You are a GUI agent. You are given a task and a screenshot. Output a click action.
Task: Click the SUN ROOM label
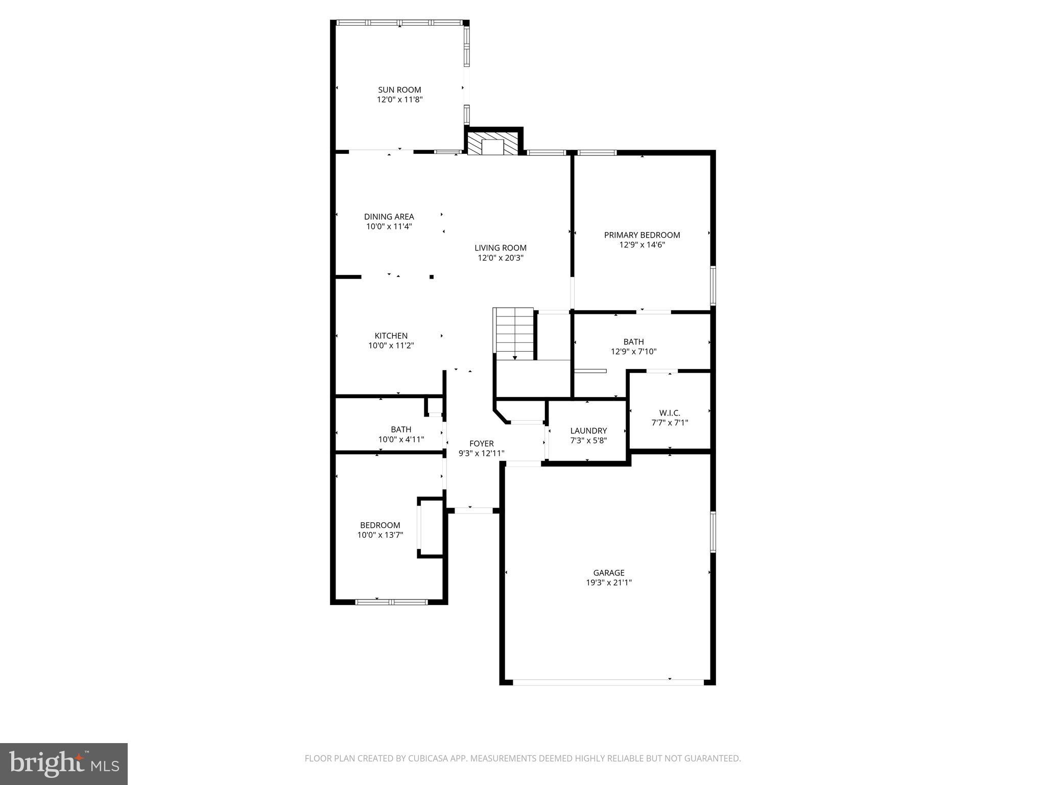click(399, 90)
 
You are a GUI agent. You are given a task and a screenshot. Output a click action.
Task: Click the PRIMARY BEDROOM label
click(642, 235)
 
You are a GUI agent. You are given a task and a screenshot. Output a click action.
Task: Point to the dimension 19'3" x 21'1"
click(609, 583)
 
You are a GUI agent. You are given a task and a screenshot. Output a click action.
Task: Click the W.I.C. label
click(670, 413)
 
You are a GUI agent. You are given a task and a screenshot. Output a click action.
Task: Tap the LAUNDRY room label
click(588, 431)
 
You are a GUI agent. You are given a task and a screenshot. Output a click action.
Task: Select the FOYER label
click(481, 444)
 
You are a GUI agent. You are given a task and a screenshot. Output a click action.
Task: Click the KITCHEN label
click(391, 336)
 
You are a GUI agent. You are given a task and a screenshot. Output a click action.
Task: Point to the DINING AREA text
click(389, 217)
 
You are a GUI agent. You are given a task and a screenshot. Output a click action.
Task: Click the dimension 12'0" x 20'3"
click(501, 258)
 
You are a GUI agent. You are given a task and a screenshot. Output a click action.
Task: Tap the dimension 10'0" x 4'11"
click(401, 440)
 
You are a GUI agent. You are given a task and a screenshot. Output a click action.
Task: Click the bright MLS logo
click(64, 764)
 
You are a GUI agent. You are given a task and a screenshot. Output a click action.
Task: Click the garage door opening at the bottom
click(608, 682)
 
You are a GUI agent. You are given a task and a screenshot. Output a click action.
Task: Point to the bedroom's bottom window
click(391, 602)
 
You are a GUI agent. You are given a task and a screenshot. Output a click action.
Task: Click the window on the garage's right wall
click(713, 532)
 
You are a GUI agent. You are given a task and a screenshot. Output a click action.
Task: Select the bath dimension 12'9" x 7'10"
click(633, 352)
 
